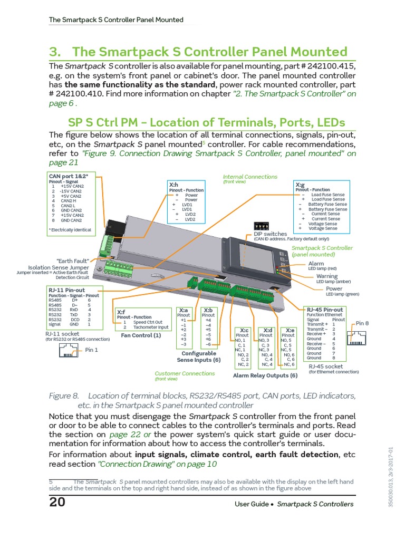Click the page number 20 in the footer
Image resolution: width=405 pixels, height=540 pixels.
pyautogui.click(x=57, y=502)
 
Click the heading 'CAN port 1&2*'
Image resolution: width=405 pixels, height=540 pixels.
pyautogui.click(x=69, y=176)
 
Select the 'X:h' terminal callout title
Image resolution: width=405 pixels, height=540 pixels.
pyautogui.click(x=173, y=185)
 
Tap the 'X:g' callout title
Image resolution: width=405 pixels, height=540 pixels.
pyautogui.click(x=300, y=185)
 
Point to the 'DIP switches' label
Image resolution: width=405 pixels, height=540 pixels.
pyautogui.click(x=271, y=234)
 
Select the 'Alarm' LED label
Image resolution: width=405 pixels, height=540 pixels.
pyautogui.click(x=316, y=263)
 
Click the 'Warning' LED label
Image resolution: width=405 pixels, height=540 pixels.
pyautogui.click(x=327, y=276)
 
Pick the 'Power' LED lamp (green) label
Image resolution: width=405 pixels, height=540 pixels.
pyautogui.click(x=334, y=289)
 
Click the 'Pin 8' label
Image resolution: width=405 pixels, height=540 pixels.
pyautogui.click(x=362, y=323)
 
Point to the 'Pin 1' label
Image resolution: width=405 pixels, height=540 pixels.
pyautogui.click(x=92, y=350)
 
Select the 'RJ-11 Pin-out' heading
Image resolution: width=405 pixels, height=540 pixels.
pyautogui.click(x=66, y=290)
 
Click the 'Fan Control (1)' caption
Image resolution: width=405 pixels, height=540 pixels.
pyautogui.click(x=141, y=335)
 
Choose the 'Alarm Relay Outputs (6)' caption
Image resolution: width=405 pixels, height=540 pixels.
pyautogui.click(x=265, y=375)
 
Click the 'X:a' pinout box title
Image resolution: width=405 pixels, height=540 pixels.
pyautogui.click(x=184, y=310)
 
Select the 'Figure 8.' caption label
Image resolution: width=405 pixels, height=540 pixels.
pyautogui.click(x=63, y=396)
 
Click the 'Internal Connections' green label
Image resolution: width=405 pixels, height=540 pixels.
pyautogui.click(x=249, y=177)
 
